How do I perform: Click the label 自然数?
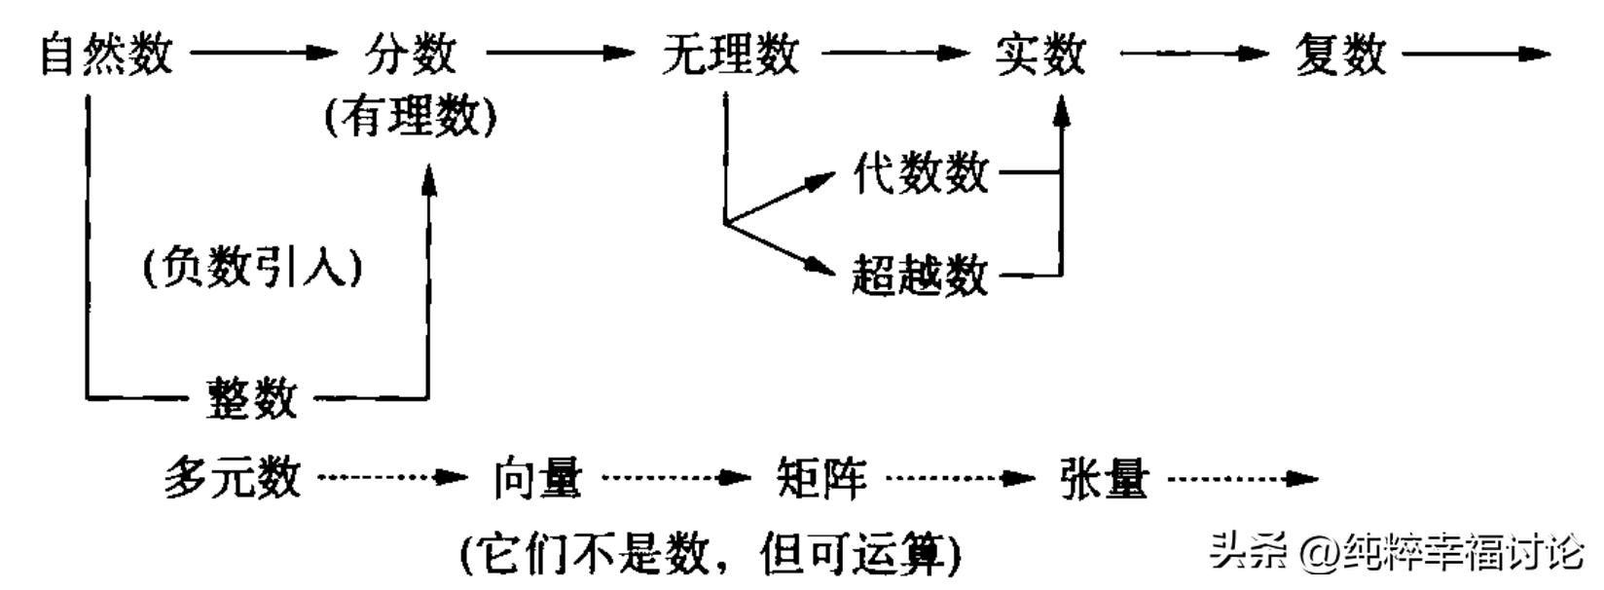pos(106,54)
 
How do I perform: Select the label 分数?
pos(410,54)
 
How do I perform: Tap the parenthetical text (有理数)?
pos(410,118)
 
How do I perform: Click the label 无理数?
pos(730,54)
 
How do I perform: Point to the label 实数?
pos(1039,54)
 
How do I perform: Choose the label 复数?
pos(1340,54)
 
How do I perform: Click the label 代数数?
pos(920,173)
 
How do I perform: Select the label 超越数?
pos(920,275)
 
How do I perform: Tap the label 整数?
pos(251,397)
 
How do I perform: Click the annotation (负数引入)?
pos(253,267)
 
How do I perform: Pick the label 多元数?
pos(232,478)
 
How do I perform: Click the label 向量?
pos(537,478)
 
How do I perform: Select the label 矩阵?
pos(820,478)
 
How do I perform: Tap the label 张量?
pos(1104,478)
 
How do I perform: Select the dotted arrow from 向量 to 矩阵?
pos(675,478)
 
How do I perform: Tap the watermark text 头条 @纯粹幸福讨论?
pos(1397,552)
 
